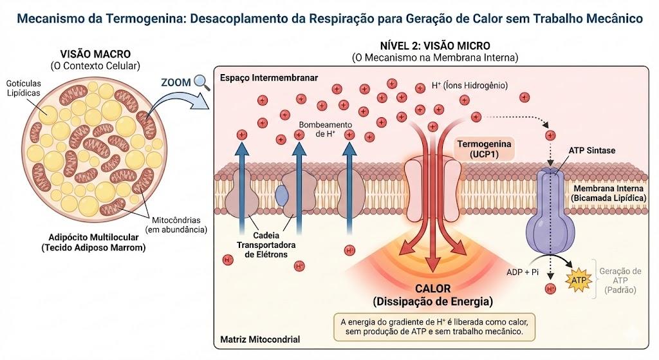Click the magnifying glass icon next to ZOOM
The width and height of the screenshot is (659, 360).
tap(202, 82)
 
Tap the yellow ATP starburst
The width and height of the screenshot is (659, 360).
tap(579, 279)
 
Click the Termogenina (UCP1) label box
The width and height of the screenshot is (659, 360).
tap(484, 149)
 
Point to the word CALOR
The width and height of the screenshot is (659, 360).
tap(433, 289)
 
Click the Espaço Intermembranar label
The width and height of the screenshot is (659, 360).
tap(269, 78)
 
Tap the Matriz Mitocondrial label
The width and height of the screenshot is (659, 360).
tap(260, 339)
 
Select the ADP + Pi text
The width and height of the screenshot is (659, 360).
tap(523, 272)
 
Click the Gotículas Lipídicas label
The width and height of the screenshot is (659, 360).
tap(24, 88)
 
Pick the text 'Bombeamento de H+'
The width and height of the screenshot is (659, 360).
tap(325, 129)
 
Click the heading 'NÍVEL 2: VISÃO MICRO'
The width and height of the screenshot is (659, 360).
tap(435, 46)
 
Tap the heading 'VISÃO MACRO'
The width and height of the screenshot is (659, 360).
tap(95, 54)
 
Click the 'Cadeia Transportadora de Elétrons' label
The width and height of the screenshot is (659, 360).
tap(266, 245)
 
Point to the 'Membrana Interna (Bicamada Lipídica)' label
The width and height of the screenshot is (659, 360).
tap(608, 193)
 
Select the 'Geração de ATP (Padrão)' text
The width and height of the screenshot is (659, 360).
tap(620, 281)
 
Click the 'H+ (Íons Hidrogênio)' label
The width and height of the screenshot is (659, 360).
tap(469, 86)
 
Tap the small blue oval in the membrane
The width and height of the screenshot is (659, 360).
tap(282, 195)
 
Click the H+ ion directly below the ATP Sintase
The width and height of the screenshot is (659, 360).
tap(550, 289)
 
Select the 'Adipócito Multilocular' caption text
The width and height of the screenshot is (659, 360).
tap(93, 237)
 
